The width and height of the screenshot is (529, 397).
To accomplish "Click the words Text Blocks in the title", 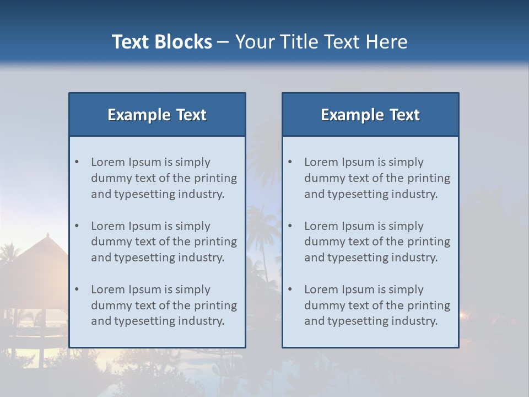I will click(x=161, y=42).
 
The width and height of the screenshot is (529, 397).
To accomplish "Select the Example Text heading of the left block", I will click(x=157, y=115).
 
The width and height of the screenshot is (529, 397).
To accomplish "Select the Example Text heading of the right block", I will click(x=370, y=115).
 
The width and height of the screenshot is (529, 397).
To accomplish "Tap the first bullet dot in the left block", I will click(x=77, y=162).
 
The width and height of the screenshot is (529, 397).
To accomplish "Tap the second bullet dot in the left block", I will click(x=77, y=226).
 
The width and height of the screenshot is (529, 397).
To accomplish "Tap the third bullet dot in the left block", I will click(x=77, y=289).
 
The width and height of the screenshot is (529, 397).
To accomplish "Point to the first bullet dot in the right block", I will click(x=290, y=162).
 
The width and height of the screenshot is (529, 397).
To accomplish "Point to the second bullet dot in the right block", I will click(x=290, y=226).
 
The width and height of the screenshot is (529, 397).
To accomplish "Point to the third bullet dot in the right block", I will click(x=290, y=289).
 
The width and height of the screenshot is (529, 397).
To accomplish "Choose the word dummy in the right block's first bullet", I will click(x=322, y=178).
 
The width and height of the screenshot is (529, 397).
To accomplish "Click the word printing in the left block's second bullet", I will click(x=217, y=242).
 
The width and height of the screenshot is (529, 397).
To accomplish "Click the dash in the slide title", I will click(x=223, y=42).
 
